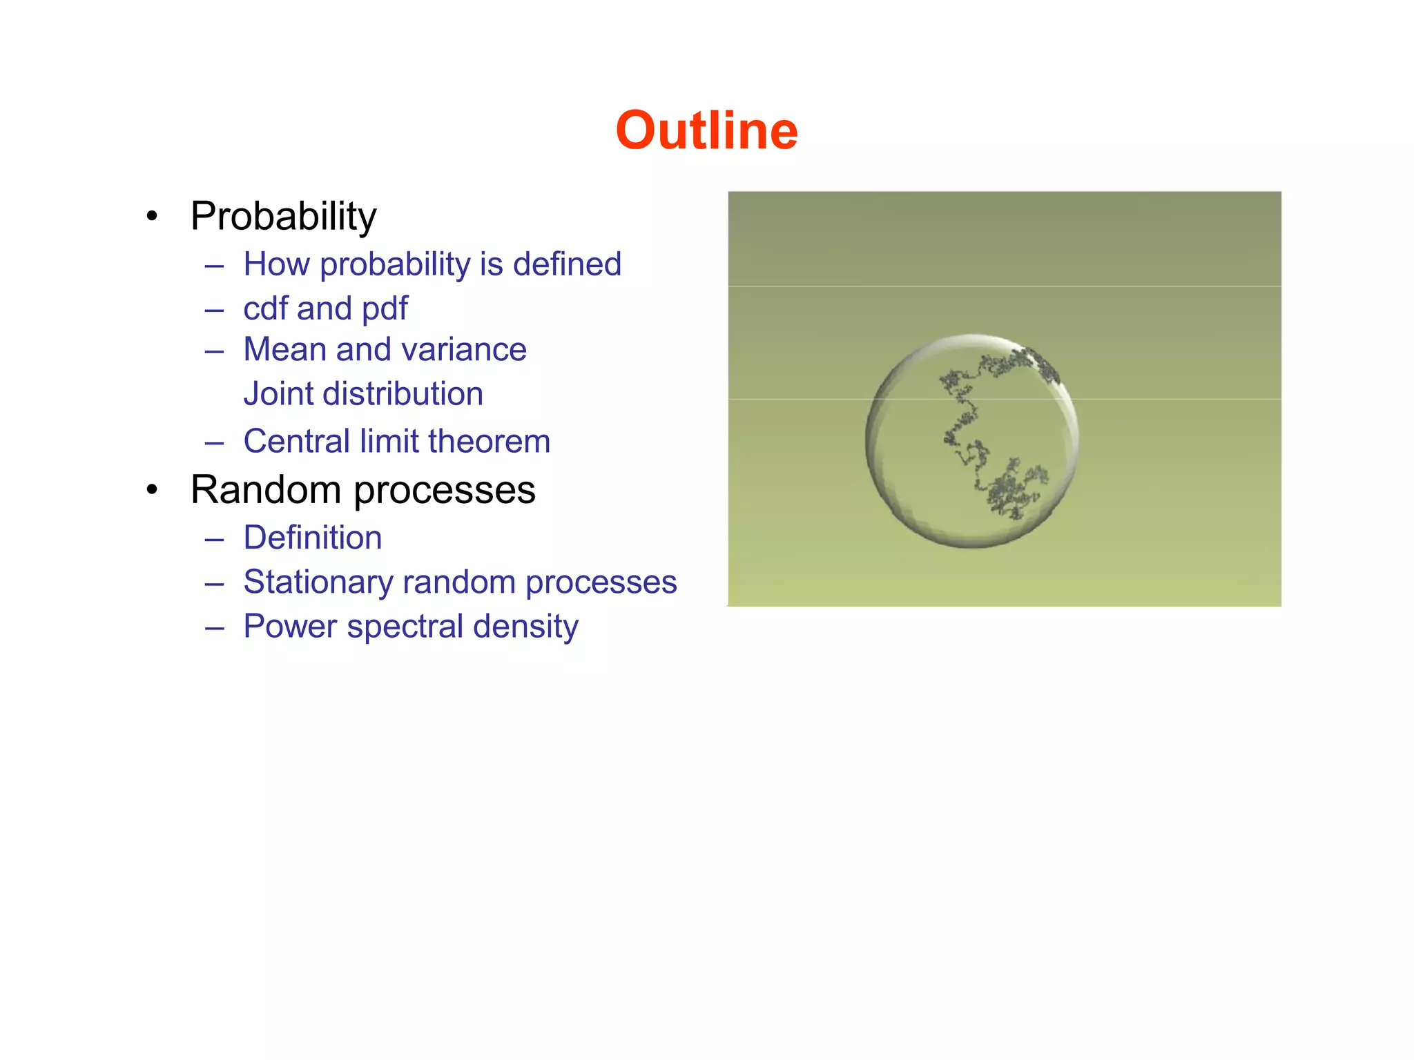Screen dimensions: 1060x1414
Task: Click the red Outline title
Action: [x=706, y=130]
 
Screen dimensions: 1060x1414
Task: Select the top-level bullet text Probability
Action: [x=283, y=216]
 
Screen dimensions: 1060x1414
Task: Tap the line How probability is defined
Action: [x=432, y=264]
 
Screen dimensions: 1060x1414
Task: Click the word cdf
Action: [x=265, y=308]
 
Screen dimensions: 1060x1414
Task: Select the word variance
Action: [x=467, y=350]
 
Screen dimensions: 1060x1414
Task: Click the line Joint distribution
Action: [x=363, y=394]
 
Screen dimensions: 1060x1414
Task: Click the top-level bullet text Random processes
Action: [x=362, y=490]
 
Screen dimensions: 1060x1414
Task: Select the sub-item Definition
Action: [x=313, y=538]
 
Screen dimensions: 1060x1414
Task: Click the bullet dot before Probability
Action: [x=153, y=217]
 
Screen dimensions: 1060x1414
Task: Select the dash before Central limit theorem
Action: [x=215, y=442]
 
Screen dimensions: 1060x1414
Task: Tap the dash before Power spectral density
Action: [x=215, y=627]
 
